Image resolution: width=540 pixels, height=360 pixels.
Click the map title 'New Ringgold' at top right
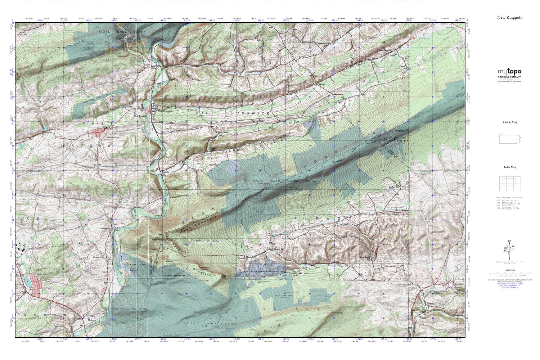pyautogui.click(x=509, y=17)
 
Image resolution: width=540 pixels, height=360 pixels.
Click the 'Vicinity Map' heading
pyautogui.click(x=509, y=122)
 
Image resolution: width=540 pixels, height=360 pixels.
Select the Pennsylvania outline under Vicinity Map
pyautogui.click(x=509, y=139)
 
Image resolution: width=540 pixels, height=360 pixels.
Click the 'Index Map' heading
pyautogui.click(x=509, y=167)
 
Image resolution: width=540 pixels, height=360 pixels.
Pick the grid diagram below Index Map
pyautogui.click(x=509, y=184)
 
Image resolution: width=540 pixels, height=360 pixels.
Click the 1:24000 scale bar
pyautogui.click(x=509, y=273)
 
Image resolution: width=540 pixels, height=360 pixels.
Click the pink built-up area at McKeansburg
pyautogui.click(x=97, y=132)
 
